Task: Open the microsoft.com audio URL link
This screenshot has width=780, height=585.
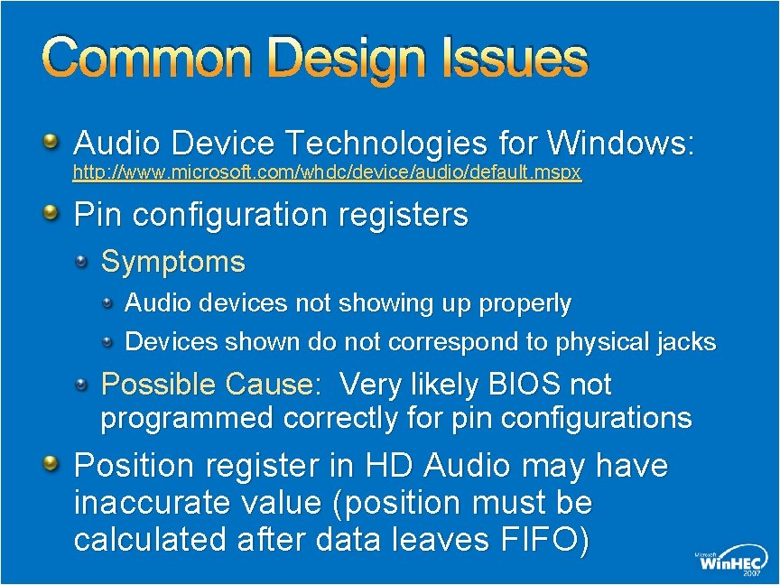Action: (x=327, y=172)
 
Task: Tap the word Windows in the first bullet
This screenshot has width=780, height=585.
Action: (x=620, y=142)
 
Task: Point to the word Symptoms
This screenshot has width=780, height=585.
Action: (x=172, y=262)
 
